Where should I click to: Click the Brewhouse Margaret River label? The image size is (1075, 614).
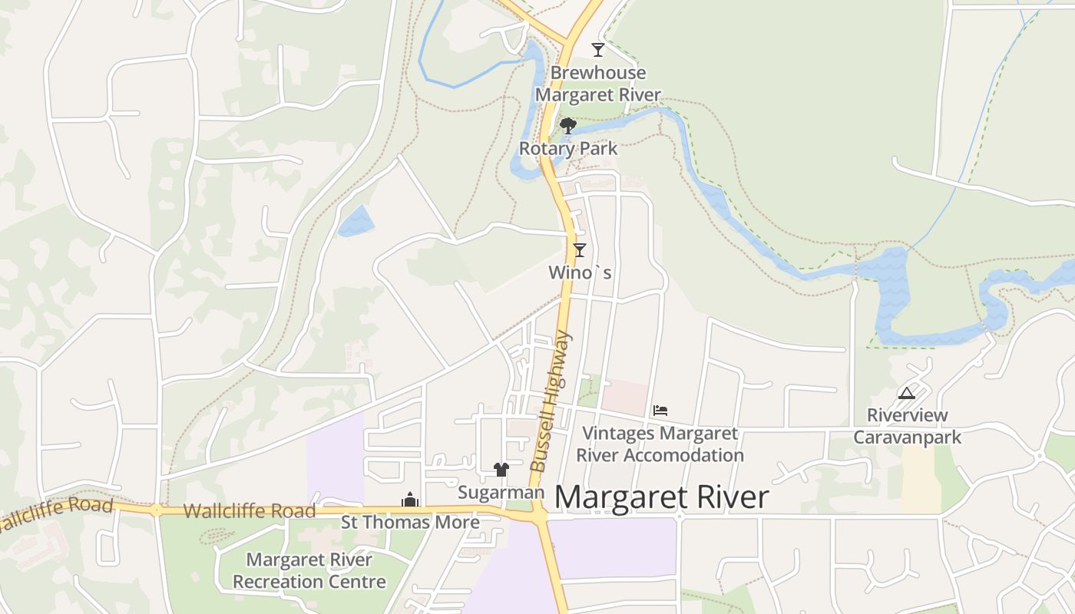pyautogui.click(x=597, y=84)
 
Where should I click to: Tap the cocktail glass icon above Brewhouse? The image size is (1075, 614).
pyautogui.click(x=598, y=50)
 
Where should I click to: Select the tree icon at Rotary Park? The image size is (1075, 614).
pyautogui.click(x=568, y=126)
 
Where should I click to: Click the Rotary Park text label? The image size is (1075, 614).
pyautogui.click(x=568, y=148)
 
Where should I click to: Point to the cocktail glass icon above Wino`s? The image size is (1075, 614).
pyautogui.click(x=580, y=249)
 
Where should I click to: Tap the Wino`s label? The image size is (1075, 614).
pyautogui.click(x=580, y=272)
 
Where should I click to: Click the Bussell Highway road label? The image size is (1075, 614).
pyautogui.click(x=551, y=401)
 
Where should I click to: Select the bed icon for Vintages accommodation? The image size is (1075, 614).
pyautogui.click(x=660, y=411)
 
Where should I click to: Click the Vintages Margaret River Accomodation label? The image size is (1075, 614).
pyautogui.click(x=660, y=444)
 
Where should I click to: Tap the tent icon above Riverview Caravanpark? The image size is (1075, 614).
pyautogui.click(x=907, y=394)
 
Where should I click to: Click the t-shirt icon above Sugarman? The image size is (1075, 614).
pyautogui.click(x=501, y=470)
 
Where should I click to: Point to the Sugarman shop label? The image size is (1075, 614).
pyautogui.click(x=501, y=493)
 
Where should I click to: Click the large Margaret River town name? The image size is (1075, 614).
pyautogui.click(x=661, y=497)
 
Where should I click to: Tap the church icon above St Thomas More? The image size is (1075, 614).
pyautogui.click(x=410, y=500)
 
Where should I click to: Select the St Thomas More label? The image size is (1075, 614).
pyautogui.click(x=410, y=523)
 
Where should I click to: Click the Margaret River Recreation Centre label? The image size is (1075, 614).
pyautogui.click(x=309, y=570)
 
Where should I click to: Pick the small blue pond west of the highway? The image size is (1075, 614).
pyautogui.click(x=356, y=220)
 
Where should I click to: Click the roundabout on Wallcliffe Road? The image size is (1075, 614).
pyautogui.click(x=157, y=510)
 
